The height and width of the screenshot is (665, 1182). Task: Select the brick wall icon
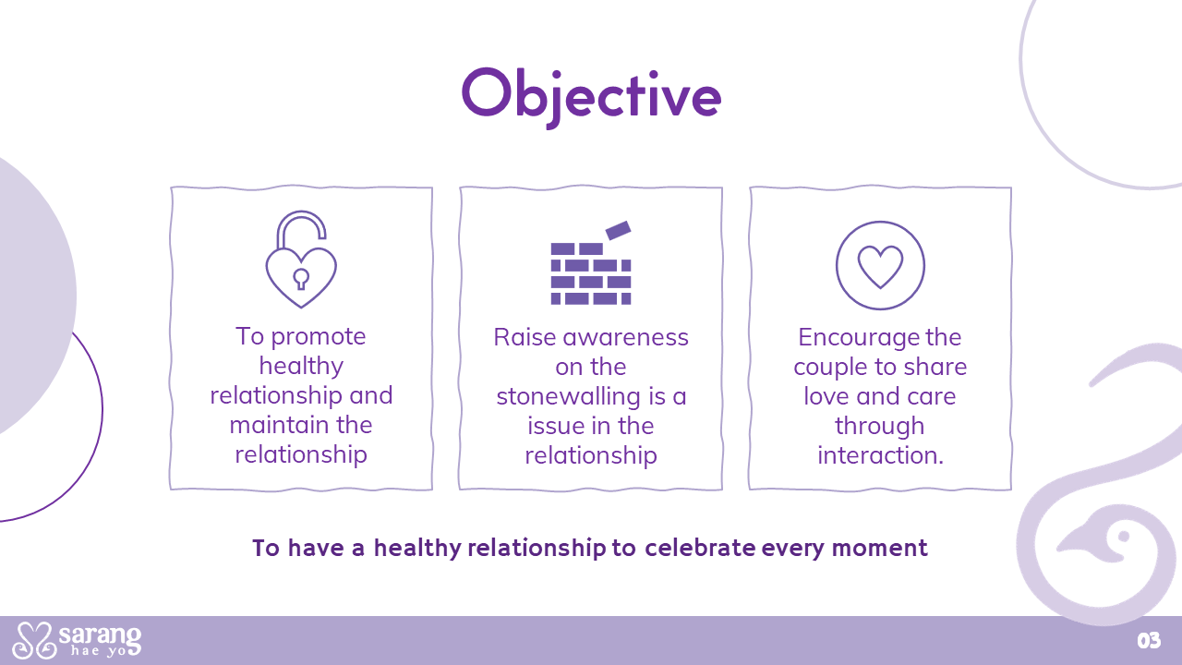[x=591, y=263]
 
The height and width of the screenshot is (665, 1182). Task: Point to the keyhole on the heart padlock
[x=301, y=279]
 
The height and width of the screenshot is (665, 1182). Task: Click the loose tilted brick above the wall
[x=618, y=230]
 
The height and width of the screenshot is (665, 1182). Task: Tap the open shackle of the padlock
[x=301, y=228]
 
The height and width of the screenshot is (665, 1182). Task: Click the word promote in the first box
[x=319, y=338]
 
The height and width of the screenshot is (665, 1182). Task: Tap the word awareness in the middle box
[x=626, y=338]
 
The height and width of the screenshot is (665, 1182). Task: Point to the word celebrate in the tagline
[x=700, y=548]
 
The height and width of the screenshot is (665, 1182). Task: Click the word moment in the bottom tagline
[x=880, y=549]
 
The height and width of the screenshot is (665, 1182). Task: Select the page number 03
[x=1149, y=641]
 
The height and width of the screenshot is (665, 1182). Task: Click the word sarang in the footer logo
[x=100, y=635]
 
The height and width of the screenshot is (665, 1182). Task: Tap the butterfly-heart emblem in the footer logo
[x=35, y=640]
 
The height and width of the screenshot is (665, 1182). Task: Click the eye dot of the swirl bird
[x=1124, y=537]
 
